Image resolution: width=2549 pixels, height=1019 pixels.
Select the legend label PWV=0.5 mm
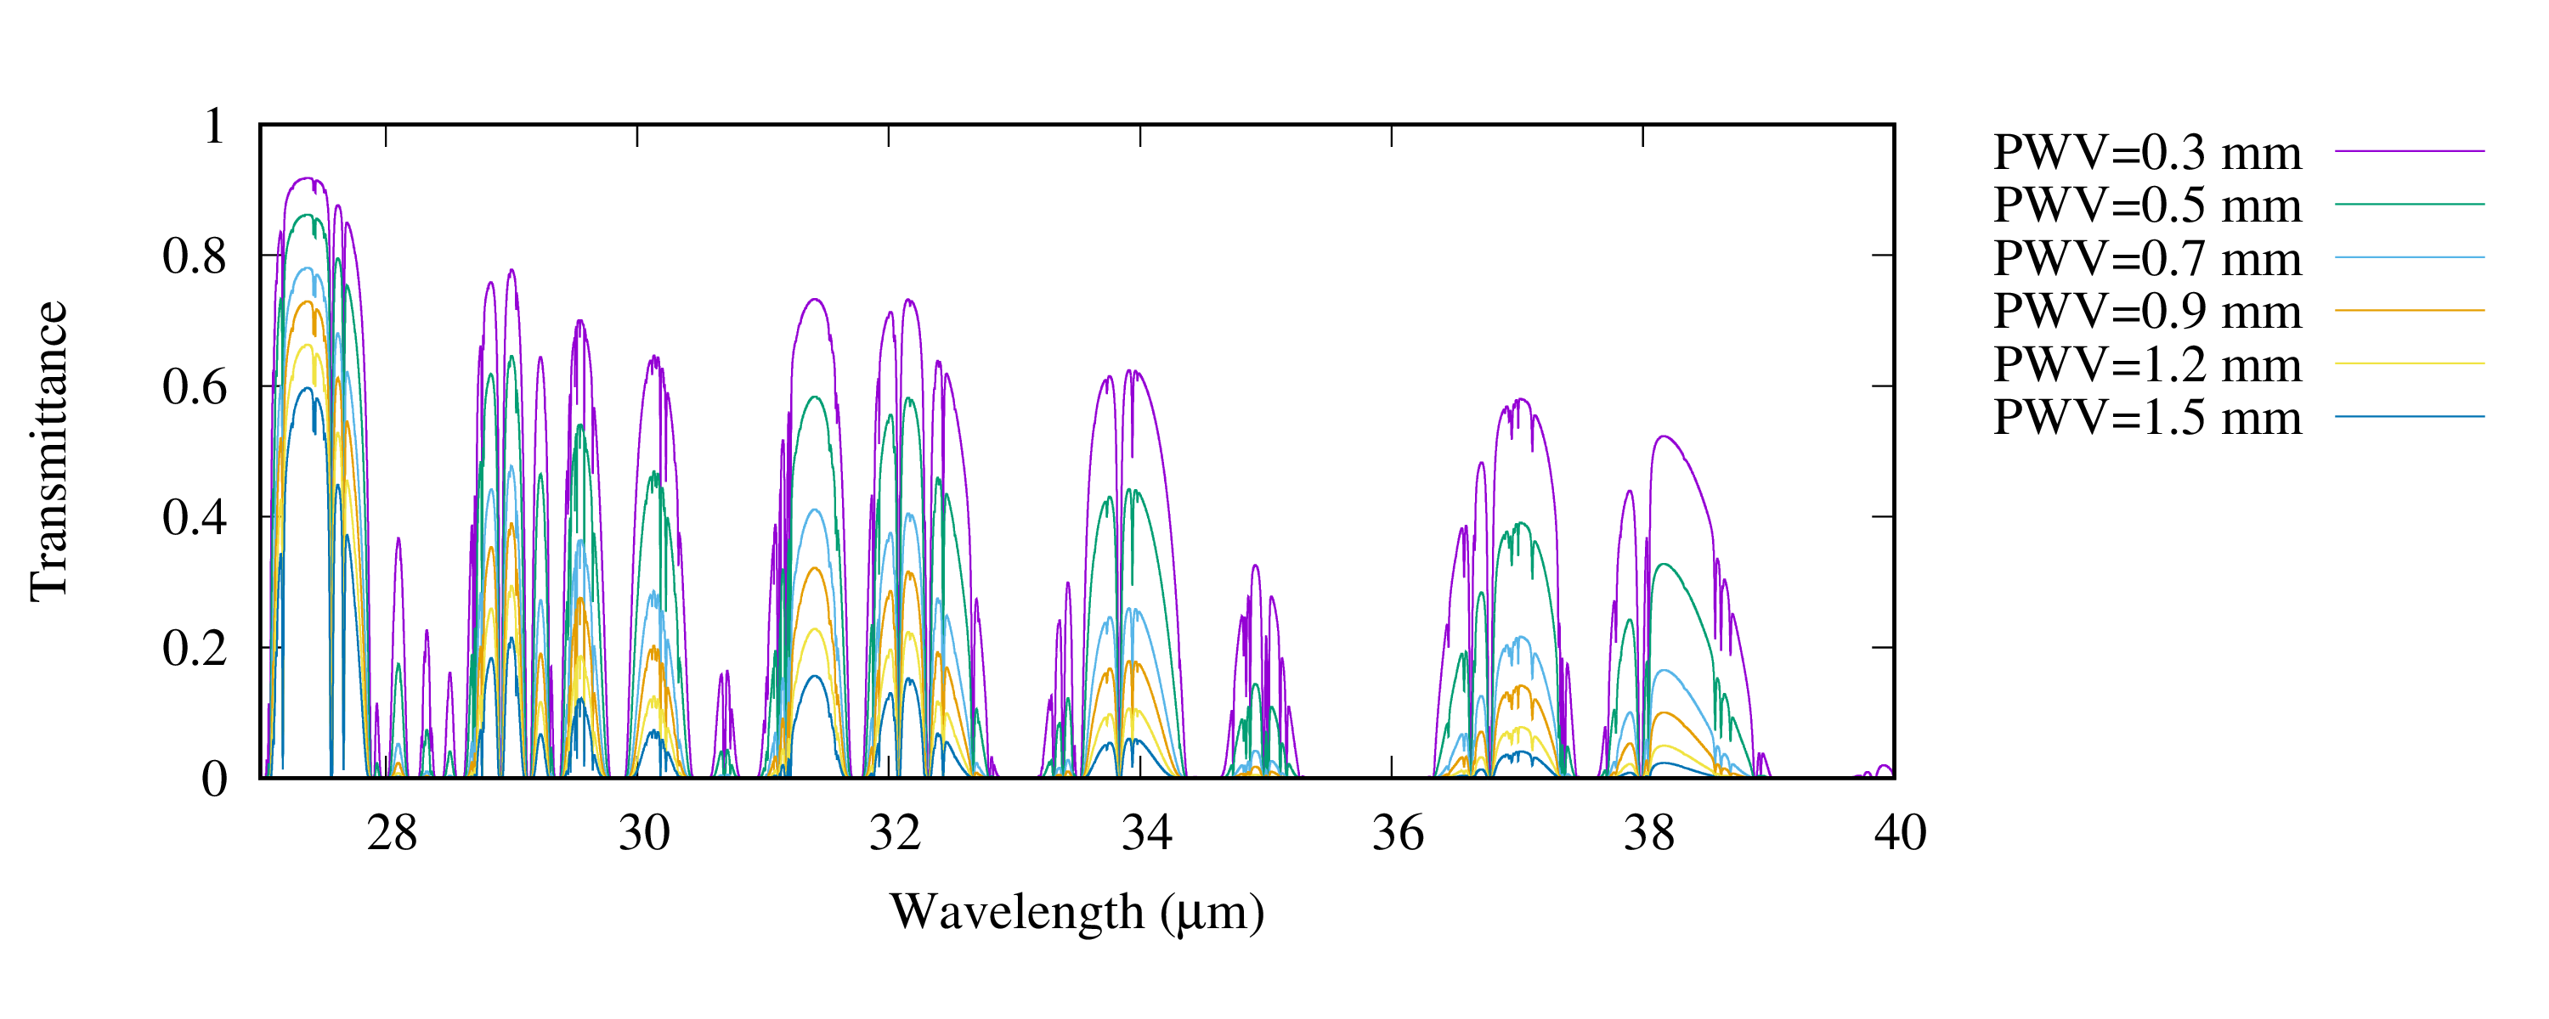(x=2146, y=205)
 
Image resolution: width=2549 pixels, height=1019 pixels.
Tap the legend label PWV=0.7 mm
(x=2146, y=258)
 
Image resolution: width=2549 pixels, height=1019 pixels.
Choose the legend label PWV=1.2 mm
(x=2146, y=364)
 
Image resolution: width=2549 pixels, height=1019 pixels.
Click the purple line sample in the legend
(x=2409, y=151)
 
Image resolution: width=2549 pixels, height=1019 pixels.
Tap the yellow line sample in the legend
(x=2409, y=364)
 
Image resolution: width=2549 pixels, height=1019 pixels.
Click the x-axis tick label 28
(x=392, y=833)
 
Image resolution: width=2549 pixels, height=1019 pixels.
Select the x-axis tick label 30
(x=644, y=833)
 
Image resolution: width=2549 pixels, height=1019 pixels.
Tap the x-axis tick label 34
(x=1147, y=833)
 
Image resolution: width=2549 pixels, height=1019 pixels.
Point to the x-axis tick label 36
(x=1399, y=833)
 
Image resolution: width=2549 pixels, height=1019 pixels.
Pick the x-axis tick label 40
(x=1900, y=833)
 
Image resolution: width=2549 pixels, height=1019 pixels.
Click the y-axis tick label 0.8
(x=194, y=256)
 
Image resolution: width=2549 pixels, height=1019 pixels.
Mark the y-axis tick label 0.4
(x=194, y=517)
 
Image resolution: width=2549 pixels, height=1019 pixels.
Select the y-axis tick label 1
(x=214, y=126)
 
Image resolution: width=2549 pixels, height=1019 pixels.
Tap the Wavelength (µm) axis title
(x=1077, y=912)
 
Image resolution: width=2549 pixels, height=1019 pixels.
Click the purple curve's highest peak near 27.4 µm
(x=307, y=178)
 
